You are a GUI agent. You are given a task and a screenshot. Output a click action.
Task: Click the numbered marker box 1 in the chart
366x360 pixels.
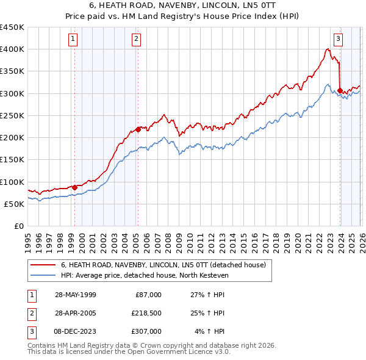pos(73,40)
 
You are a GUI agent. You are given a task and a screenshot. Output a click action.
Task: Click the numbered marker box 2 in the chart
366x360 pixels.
pos(136,40)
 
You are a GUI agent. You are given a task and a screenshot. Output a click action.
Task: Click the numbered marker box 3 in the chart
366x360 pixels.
pos(338,40)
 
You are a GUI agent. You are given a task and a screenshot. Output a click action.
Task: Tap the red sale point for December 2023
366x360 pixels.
pos(340,90)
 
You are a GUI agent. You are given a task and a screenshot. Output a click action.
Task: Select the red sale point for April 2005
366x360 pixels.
pos(138,129)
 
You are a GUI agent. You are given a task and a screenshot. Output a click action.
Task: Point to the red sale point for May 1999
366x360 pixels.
pos(75,187)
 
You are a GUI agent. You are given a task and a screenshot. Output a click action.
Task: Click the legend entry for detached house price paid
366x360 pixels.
pos(163,265)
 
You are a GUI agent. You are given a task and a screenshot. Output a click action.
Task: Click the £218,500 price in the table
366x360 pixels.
pos(146,313)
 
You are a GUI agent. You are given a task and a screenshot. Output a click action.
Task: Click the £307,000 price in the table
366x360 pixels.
pos(146,331)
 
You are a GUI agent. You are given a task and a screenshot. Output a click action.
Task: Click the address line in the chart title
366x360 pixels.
pos(183,5)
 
